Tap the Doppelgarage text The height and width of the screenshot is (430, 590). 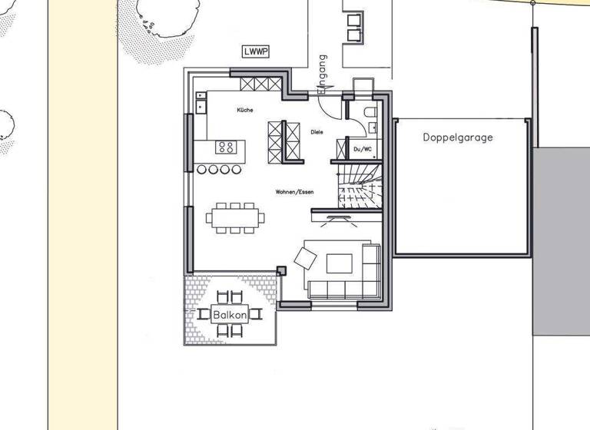(458, 138)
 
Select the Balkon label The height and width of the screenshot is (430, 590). (230, 315)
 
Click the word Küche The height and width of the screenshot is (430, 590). (245, 111)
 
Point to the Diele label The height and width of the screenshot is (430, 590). (317, 132)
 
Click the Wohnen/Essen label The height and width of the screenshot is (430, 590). (296, 191)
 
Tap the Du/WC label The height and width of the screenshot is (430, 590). (363, 149)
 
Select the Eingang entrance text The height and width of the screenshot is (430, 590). (323, 74)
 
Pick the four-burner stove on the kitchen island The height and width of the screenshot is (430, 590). (226, 147)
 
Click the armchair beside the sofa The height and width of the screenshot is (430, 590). (303, 258)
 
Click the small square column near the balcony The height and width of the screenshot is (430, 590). (282, 270)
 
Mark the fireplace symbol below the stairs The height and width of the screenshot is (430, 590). (335, 219)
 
